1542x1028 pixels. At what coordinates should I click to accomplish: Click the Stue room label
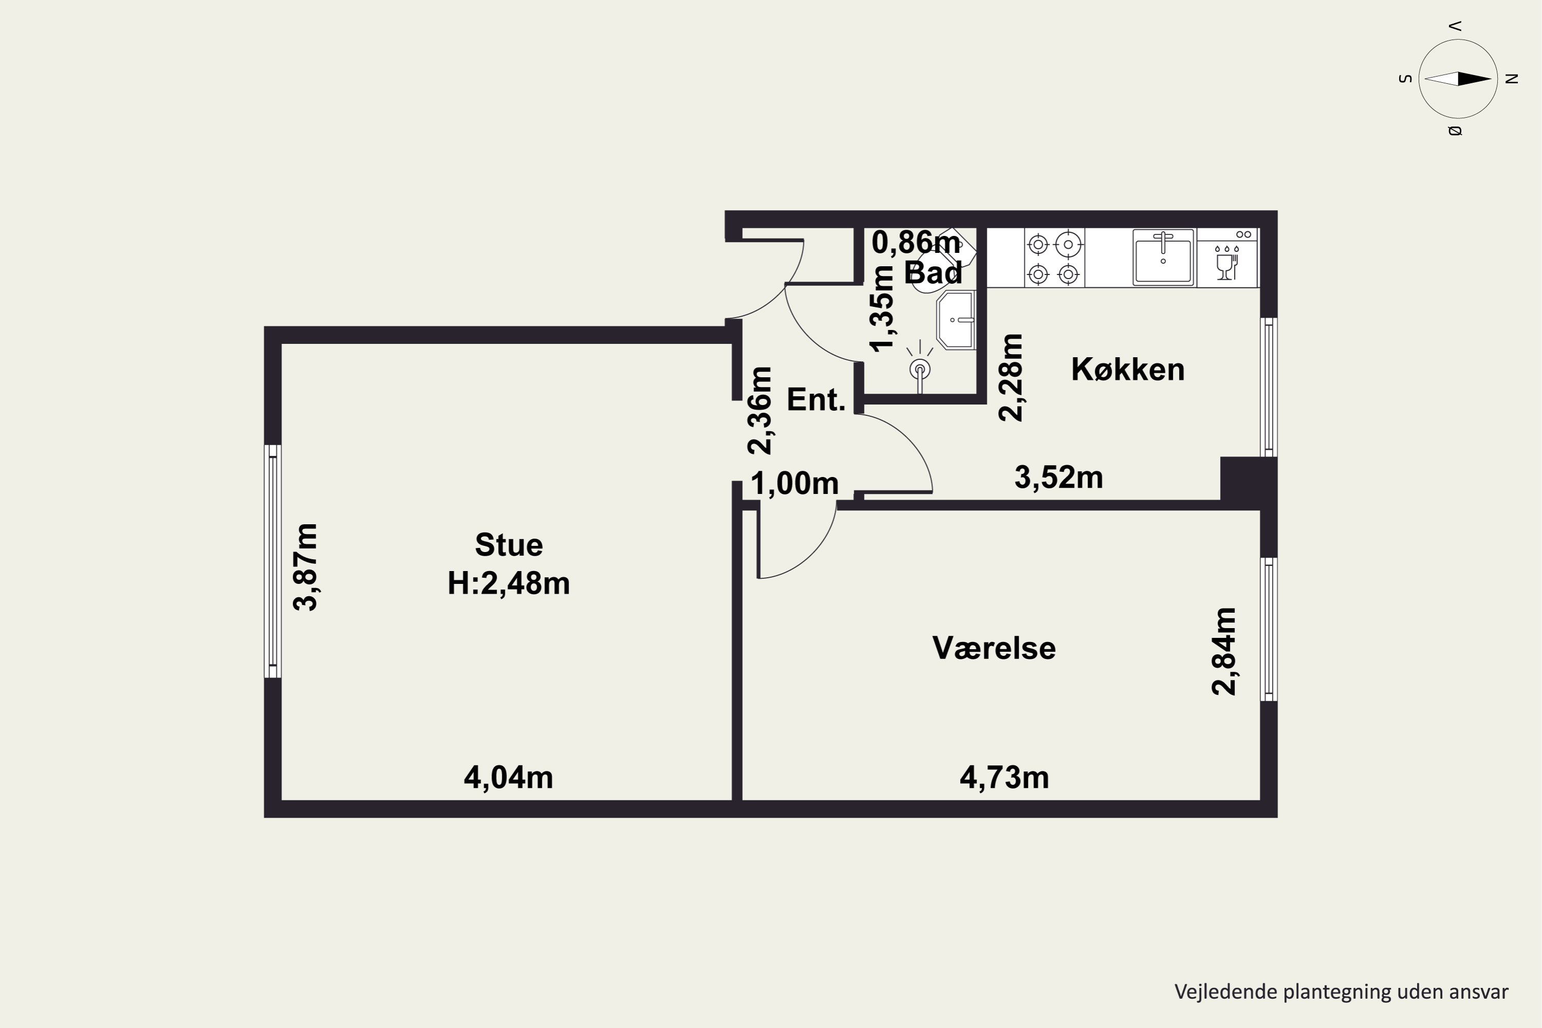pyautogui.click(x=509, y=545)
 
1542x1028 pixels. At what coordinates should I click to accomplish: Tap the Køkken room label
pyautogui.click(x=1128, y=370)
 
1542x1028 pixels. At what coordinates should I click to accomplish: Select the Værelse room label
pyautogui.click(x=994, y=648)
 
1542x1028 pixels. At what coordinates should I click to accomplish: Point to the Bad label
pyautogui.click(x=933, y=272)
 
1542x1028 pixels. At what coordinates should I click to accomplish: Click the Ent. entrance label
pyautogui.click(x=816, y=399)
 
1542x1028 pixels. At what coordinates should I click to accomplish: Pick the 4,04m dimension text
pyautogui.click(x=509, y=778)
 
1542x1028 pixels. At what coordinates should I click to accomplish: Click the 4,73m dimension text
pyautogui.click(x=1004, y=778)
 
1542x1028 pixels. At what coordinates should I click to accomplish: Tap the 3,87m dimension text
pyautogui.click(x=305, y=567)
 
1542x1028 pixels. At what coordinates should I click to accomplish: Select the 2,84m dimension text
pyautogui.click(x=1223, y=651)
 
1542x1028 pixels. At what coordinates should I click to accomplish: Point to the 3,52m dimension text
pyautogui.click(x=1059, y=478)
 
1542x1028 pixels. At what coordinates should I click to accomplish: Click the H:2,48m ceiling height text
pyautogui.click(x=509, y=583)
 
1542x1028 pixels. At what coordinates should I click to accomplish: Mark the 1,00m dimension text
pyautogui.click(x=795, y=484)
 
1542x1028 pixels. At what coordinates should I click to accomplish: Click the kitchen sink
pyautogui.click(x=1163, y=257)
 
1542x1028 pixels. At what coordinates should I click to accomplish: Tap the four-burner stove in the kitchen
pyautogui.click(x=1054, y=258)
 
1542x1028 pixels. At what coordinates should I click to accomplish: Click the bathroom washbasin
pyautogui.click(x=957, y=320)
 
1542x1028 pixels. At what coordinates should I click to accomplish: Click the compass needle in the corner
pyautogui.click(x=1458, y=79)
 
